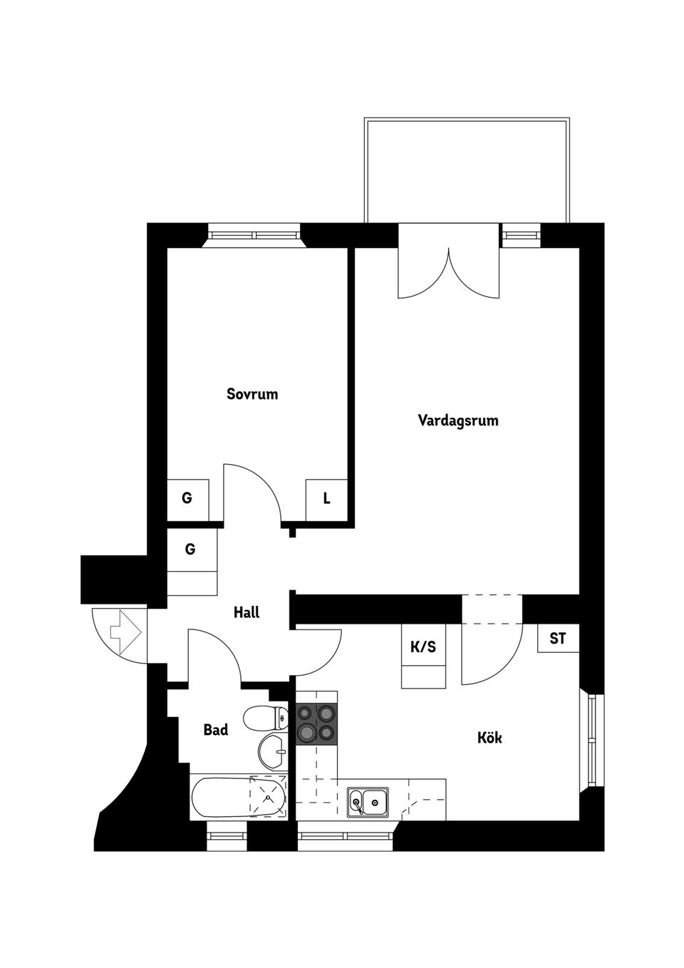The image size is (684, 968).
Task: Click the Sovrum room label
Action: point(252,393)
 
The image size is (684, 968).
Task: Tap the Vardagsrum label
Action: point(457,420)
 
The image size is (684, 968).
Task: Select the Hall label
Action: point(247,612)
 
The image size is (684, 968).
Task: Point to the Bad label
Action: point(216,729)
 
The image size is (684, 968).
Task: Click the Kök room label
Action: point(489,737)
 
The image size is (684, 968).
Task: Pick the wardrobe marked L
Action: point(326,499)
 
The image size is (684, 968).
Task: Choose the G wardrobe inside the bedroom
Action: point(187,499)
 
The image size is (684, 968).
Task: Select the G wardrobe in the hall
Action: point(191,550)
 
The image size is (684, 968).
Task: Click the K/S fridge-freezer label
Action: point(423,647)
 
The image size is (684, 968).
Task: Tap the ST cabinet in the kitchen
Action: point(558,639)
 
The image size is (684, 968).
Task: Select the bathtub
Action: point(238,798)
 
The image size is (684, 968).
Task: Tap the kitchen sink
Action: point(368,803)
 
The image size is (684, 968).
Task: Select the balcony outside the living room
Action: point(467,171)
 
